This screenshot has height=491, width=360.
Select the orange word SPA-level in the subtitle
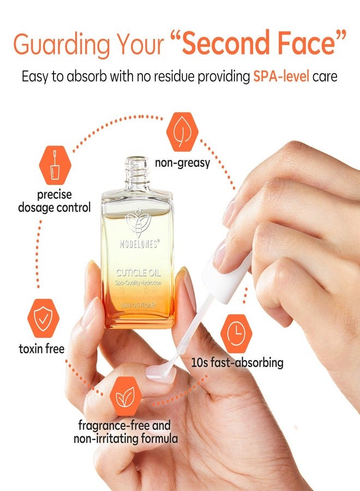click(x=280, y=76)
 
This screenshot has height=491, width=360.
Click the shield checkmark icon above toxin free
click(x=43, y=318)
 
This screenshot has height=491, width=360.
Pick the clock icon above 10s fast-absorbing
click(x=236, y=333)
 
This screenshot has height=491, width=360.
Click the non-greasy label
click(x=182, y=163)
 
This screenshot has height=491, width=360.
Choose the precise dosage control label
click(x=54, y=201)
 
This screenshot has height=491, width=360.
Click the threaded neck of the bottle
click(x=136, y=170)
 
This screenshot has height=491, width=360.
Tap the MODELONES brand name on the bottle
click(x=139, y=244)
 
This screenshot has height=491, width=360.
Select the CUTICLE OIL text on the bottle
click(x=137, y=273)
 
